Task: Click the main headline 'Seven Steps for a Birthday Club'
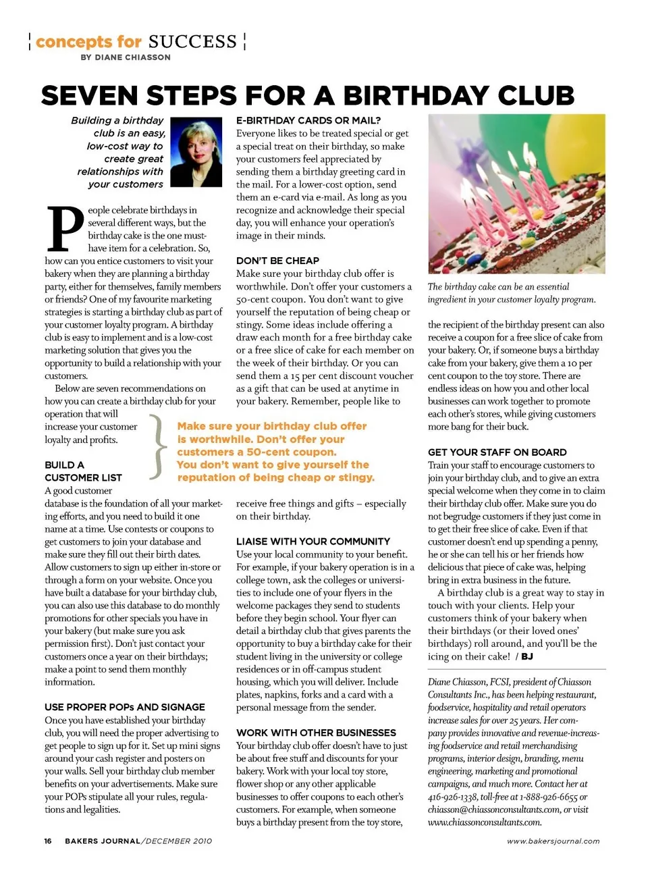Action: (307, 96)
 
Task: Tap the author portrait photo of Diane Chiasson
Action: (196, 152)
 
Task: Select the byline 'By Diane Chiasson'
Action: (126, 57)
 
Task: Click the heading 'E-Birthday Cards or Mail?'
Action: (308, 121)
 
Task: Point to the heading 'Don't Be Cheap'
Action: (277, 261)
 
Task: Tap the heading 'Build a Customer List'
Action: (83, 471)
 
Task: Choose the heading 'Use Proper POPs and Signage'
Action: (125, 707)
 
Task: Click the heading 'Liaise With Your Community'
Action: (313, 542)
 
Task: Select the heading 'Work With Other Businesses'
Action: (316, 733)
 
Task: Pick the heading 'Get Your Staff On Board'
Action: (497, 452)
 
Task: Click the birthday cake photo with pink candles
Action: (516, 194)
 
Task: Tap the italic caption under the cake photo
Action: (511, 293)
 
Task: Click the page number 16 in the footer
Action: (48, 841)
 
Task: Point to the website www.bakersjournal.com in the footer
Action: (553, 841)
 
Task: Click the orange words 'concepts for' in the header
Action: (88, 42)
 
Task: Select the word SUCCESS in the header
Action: (192, 42)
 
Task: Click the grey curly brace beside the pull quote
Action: (157, 446)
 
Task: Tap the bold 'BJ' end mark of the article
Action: (526, 656)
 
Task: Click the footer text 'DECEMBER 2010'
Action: (178, 841)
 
